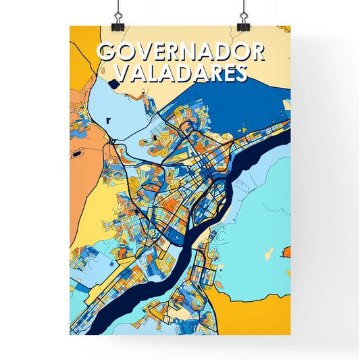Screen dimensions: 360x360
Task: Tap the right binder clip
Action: [243, 20]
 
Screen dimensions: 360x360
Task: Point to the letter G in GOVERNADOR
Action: [105, 53]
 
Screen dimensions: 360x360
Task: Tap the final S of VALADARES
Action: [238, 73]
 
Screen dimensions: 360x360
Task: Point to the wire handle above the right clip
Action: [242, 7]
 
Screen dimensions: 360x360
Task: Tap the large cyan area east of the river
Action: [260, 216]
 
